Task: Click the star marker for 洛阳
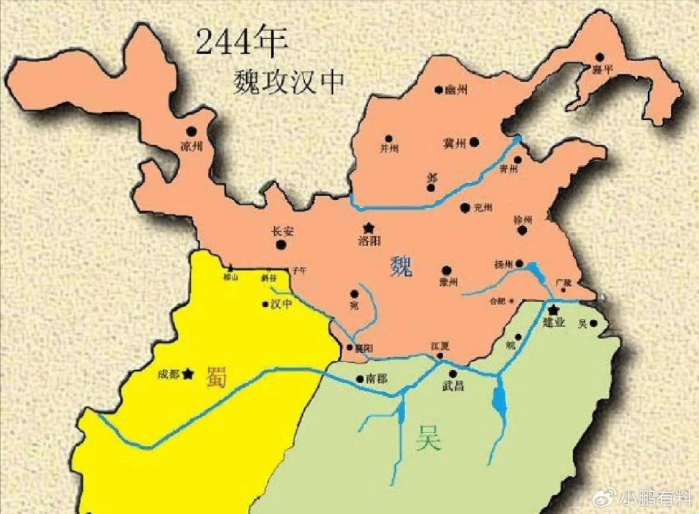pyautogui.click(x=369, y=227)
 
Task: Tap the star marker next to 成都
pyautogui.click(x=188, y=373)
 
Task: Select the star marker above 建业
pyautogui.click(x=554, y=311)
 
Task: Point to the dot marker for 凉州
pyautogui.click(x=192, y=130)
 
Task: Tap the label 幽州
pyautogui.click(x=455, y=90)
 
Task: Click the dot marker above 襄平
pyautogui.click(x=599, y=57)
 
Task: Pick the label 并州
pyautogui.click(x=389, y=148)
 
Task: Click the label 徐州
pyautogui.click(x=522, y=220)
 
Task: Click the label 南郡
pyautogui.click(x=377, y=377)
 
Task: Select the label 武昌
pyautogui.click(x=453, y=386)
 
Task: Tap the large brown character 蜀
pyautogui.click(x=217, y=377)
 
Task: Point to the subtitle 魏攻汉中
pyautogui.click(x=287, y=81)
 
